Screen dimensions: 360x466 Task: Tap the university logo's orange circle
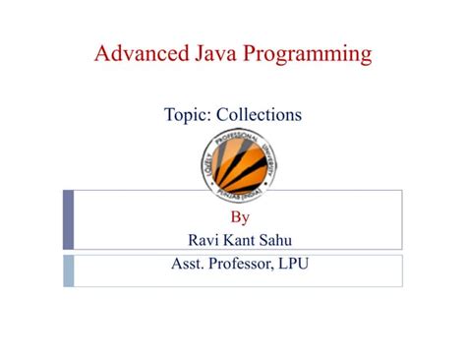point(232,161)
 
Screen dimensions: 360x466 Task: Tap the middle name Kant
point(234,240)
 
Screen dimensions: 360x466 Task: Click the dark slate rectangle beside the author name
point(68,221)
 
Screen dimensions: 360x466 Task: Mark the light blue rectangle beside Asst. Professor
point(68,270)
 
